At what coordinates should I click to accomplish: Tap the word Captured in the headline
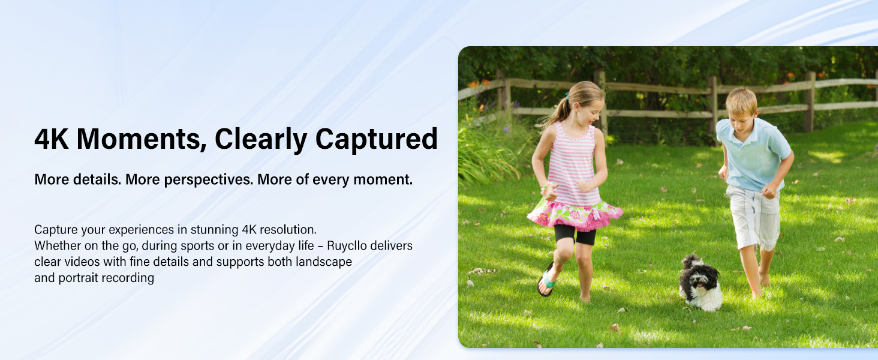pyautogui.click(x=376, y=140)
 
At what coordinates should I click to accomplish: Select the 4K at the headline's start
pyautogui.click(x=52, y=139)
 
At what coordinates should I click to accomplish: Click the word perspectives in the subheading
pyautogui.click(x=208, y=180)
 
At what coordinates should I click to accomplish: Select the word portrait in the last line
pyautogui.click(x=73, y=278)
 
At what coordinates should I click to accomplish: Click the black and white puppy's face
pyautogui.click(x=700, y=281)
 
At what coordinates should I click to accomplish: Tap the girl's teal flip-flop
pyautogui.click(x=547, y=279)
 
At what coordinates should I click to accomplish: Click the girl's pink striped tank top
pyautogui.click(x=573, y=163)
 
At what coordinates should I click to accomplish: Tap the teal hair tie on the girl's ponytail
pyautogui.click(x=567, y=95)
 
